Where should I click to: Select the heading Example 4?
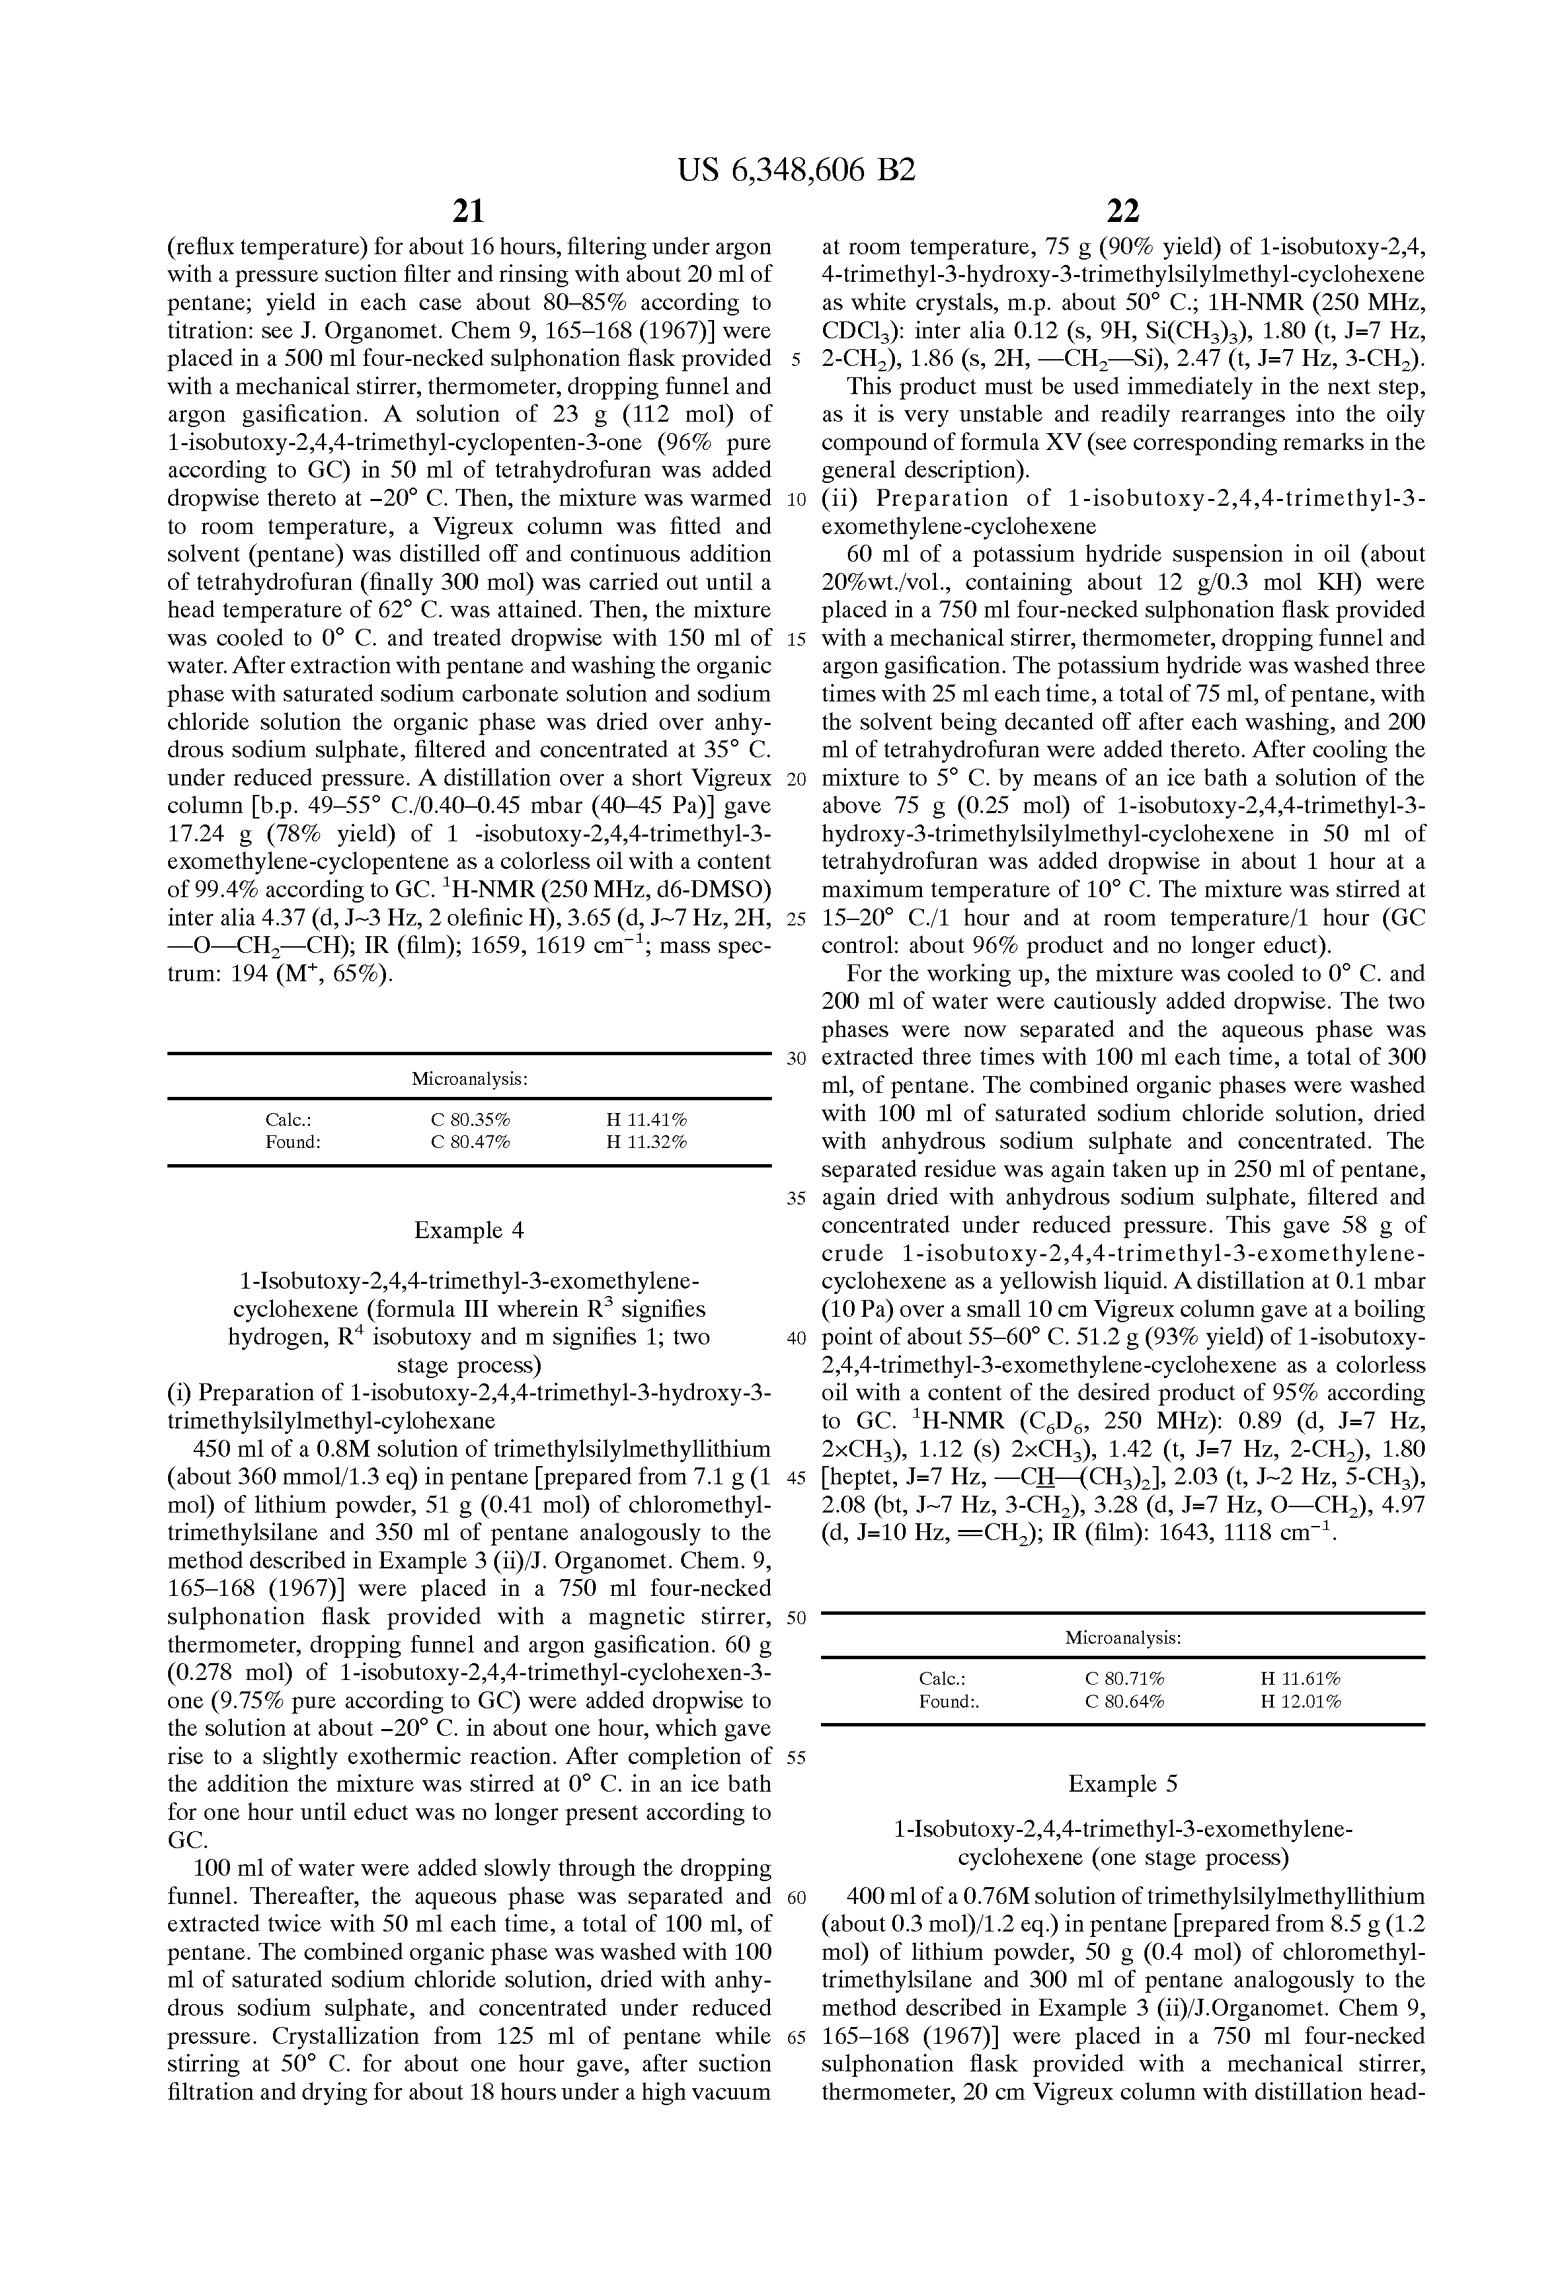click(x=469, y=1230)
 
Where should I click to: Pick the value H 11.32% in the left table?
click(x=646, y=1142)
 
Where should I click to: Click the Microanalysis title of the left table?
click(x=469, y=1079)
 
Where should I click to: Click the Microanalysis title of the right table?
click(x=1123, y=1638)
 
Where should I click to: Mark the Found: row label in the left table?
click(x=293, y=1142)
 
